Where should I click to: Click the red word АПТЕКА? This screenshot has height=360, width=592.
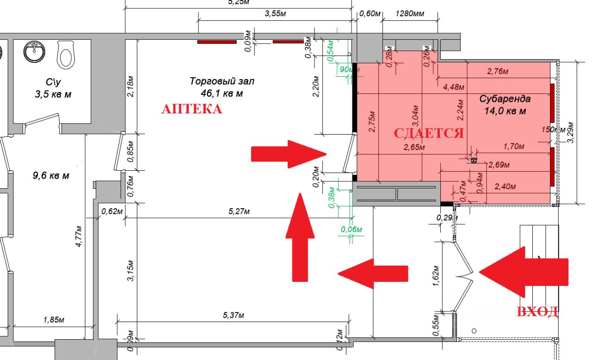pyautogui.click(x=191, y=109)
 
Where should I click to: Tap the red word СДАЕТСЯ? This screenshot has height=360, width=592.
pyautogui.click(x=428, y=133)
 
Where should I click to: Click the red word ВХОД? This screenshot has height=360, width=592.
pyautogui.click(x=537, y=312)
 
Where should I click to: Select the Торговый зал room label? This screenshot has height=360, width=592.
pyautogui.click(x=222, y=81)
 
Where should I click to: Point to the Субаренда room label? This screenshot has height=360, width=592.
pyautogui.click(x=505, y=99)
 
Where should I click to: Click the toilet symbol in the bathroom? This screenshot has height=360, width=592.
pyautogui.click(x=66, y=53)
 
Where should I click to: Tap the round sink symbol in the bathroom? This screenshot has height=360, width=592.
pyautogui.click(x=34, y=51)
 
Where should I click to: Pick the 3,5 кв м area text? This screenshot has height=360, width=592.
pyautogui.click(x=54, y=94)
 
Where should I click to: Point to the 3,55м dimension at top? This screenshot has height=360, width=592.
pyautogui.click(x=275, y=14)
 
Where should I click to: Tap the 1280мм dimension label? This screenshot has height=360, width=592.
pyautogui.click(x=410, y=14)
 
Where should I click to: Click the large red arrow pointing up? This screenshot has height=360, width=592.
pyautogui.click(x=300, y=237)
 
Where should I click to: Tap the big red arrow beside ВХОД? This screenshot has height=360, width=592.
pyautogui.click(x=523, y=272)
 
